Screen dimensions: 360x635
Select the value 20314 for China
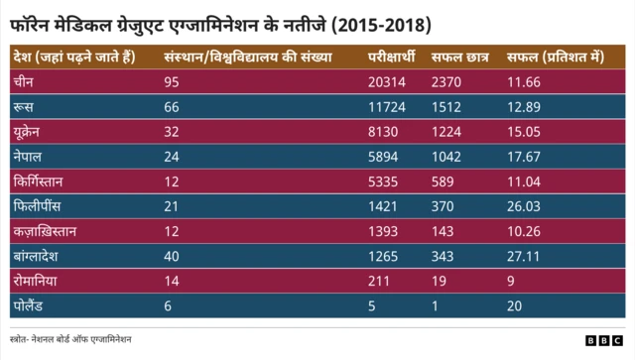pos(387,81)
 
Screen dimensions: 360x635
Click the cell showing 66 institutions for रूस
pos(172,106)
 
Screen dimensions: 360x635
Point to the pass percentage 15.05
pos(524,132)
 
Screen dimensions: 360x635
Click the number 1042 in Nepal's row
pos(447,157)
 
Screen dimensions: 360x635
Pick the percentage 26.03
pos(524,206)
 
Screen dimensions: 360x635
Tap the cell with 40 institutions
pos(172,257)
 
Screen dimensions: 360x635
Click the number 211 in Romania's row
pos(378,282)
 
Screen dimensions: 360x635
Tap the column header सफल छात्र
pos(458,57)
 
